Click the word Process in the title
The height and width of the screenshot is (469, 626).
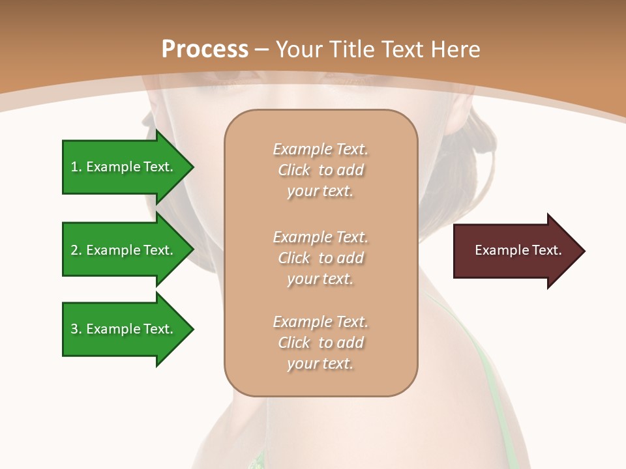[x=205, y=50]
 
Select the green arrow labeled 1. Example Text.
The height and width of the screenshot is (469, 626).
[x=124, y=167]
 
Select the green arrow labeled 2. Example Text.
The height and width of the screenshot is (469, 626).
[x=124, y=250]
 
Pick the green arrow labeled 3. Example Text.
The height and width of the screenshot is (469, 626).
[x=124, y=329]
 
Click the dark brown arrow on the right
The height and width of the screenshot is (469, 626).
[x=515, y=251]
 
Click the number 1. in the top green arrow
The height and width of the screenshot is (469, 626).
[x=76, y=167]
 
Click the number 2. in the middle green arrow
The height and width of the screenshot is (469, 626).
[x=76, y=250]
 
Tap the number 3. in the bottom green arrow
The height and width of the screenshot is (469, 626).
[x=76, y=329]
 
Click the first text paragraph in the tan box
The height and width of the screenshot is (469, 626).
[x=320, y=170]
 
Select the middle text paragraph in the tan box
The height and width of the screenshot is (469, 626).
[x=320, y=258]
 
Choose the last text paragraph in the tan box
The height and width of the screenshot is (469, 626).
[x=320, y=343]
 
